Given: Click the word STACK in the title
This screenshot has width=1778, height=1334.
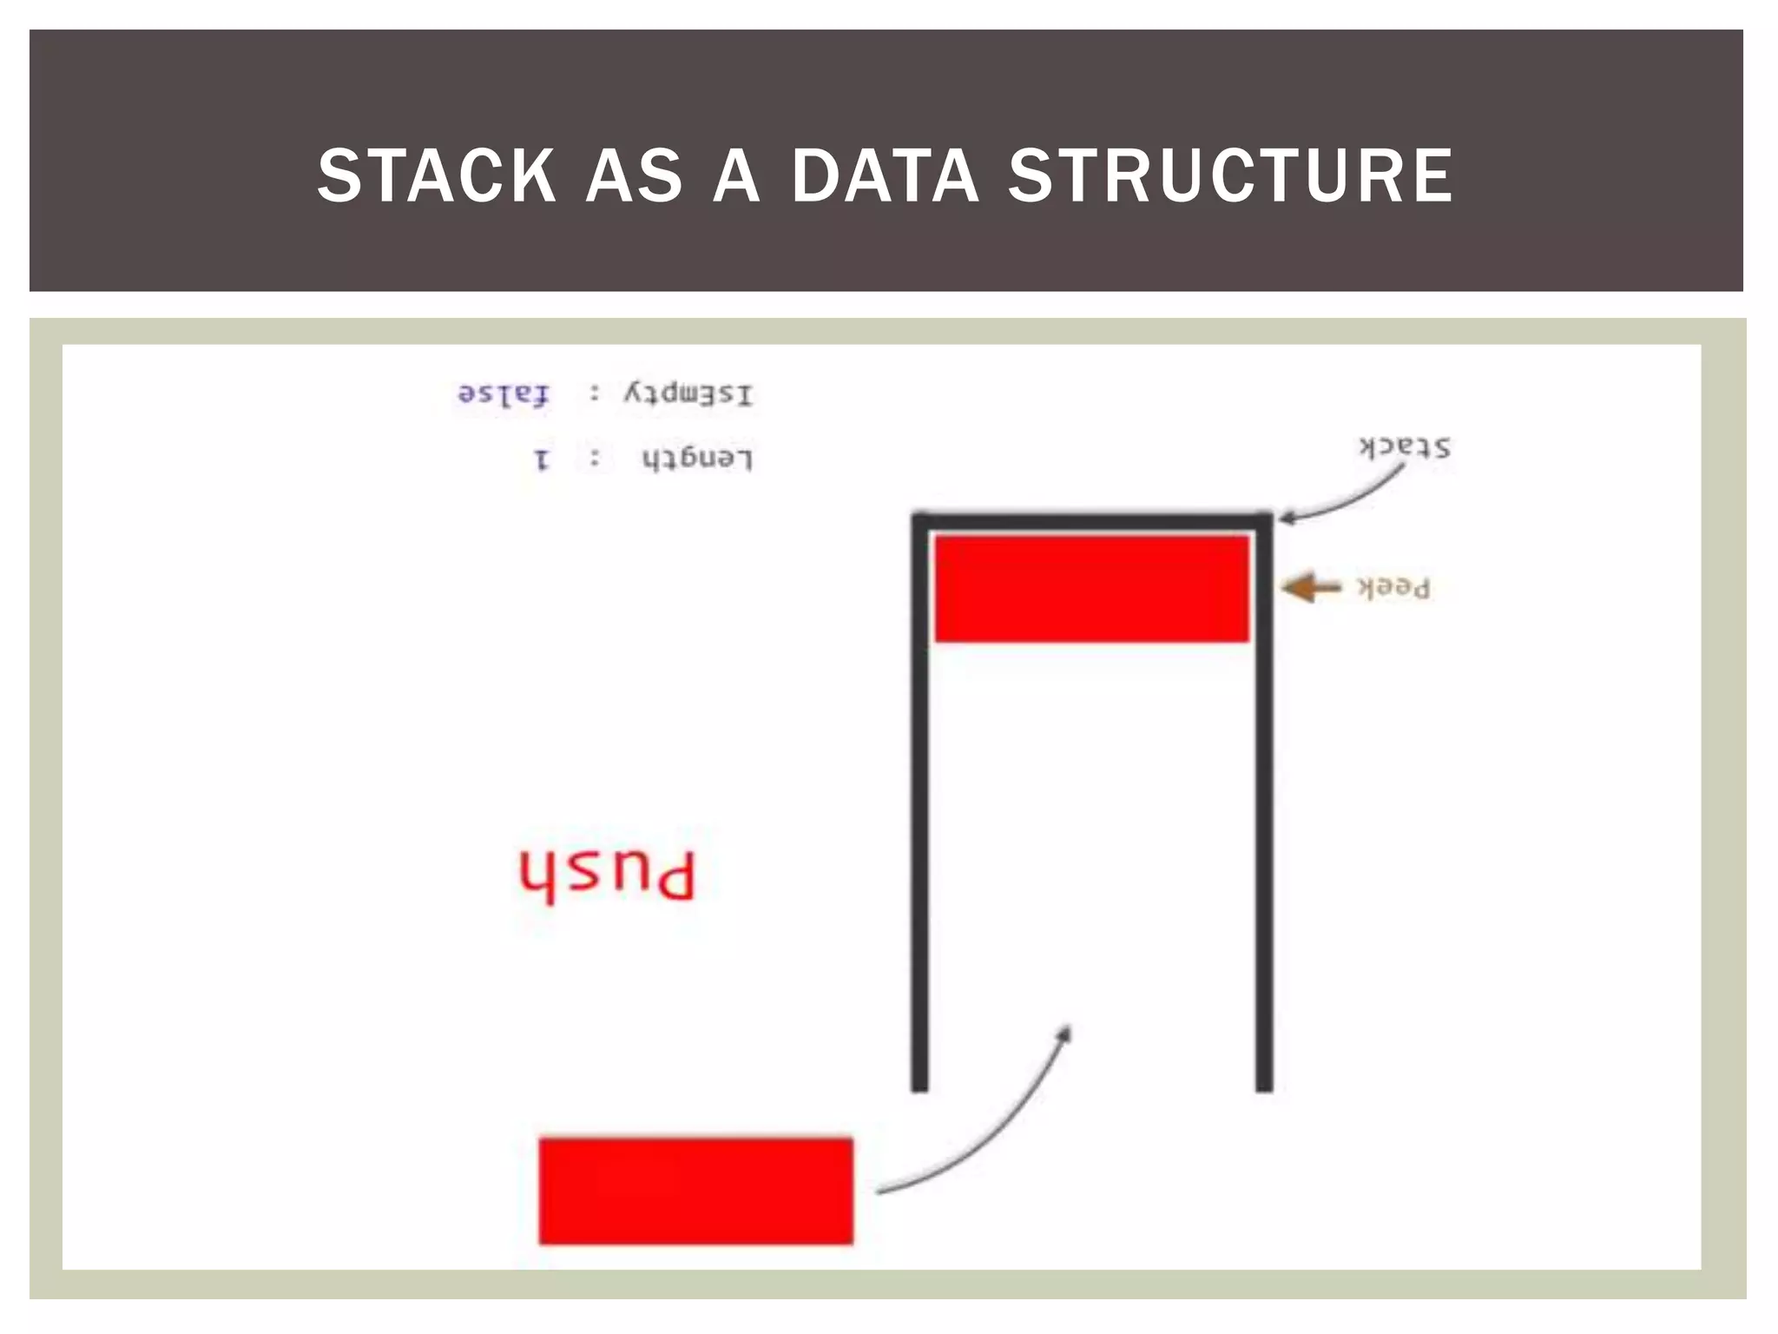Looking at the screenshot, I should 437,176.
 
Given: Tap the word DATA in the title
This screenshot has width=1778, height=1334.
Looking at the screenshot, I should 885,176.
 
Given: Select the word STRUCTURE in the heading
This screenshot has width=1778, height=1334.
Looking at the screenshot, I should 1230,176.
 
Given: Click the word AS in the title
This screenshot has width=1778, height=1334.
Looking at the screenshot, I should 634,176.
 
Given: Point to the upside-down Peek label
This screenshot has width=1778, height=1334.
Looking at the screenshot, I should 1393,588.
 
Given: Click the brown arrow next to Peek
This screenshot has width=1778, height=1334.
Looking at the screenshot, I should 1312,588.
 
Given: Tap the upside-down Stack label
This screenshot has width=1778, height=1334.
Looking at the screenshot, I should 1404,447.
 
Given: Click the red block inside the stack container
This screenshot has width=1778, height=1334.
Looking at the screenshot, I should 1091,589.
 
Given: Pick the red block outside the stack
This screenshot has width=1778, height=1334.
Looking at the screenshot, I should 695,1191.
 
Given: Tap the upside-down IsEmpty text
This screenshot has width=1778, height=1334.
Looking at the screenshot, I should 688,394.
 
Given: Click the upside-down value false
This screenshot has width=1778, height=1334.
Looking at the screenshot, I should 504,394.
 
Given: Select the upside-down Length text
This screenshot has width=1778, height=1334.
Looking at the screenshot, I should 697,458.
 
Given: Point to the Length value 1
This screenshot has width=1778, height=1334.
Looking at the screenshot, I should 542,459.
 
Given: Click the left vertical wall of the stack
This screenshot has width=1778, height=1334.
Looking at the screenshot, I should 919,808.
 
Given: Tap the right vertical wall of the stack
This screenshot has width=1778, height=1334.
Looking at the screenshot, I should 1264,808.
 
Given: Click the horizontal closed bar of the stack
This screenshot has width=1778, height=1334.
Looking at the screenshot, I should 1091,520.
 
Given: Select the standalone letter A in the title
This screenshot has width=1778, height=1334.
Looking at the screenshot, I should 736,176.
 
